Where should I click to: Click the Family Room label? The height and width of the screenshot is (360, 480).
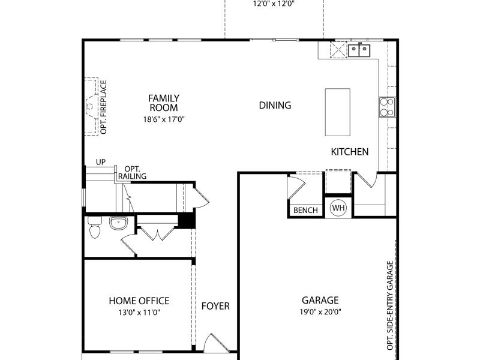(164, 103)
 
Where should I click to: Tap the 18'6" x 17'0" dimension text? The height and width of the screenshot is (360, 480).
(164, 119)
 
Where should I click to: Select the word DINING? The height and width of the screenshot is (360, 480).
(275, 106)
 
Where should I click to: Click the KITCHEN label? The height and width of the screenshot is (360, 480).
(350, 152)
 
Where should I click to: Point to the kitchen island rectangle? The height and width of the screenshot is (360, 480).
(337, 112)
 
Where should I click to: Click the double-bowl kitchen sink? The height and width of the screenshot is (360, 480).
(359, 50)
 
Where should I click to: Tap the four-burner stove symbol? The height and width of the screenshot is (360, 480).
(387, 107)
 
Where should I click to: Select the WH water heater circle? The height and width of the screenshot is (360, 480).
(338, 208)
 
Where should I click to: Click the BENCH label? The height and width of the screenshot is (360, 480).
(305, 211)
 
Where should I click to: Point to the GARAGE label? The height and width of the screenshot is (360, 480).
(320, 300)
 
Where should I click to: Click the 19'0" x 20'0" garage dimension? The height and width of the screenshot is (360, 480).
(320, 312)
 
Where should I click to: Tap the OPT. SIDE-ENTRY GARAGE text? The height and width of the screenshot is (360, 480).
(389, 305)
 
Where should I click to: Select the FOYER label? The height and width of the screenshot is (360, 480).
(215, 306)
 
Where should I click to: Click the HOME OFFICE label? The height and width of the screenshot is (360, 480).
(139, 301)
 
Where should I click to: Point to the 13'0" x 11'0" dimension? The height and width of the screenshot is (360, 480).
(139, 313)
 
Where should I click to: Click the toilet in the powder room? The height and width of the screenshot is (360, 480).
(95, 227)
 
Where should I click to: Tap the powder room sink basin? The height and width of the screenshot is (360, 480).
(118, 223)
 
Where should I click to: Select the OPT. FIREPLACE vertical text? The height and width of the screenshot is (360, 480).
(103, 107)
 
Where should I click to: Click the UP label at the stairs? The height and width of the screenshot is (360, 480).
(101, 162)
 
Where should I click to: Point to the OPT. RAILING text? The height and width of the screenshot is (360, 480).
(132, 173)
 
